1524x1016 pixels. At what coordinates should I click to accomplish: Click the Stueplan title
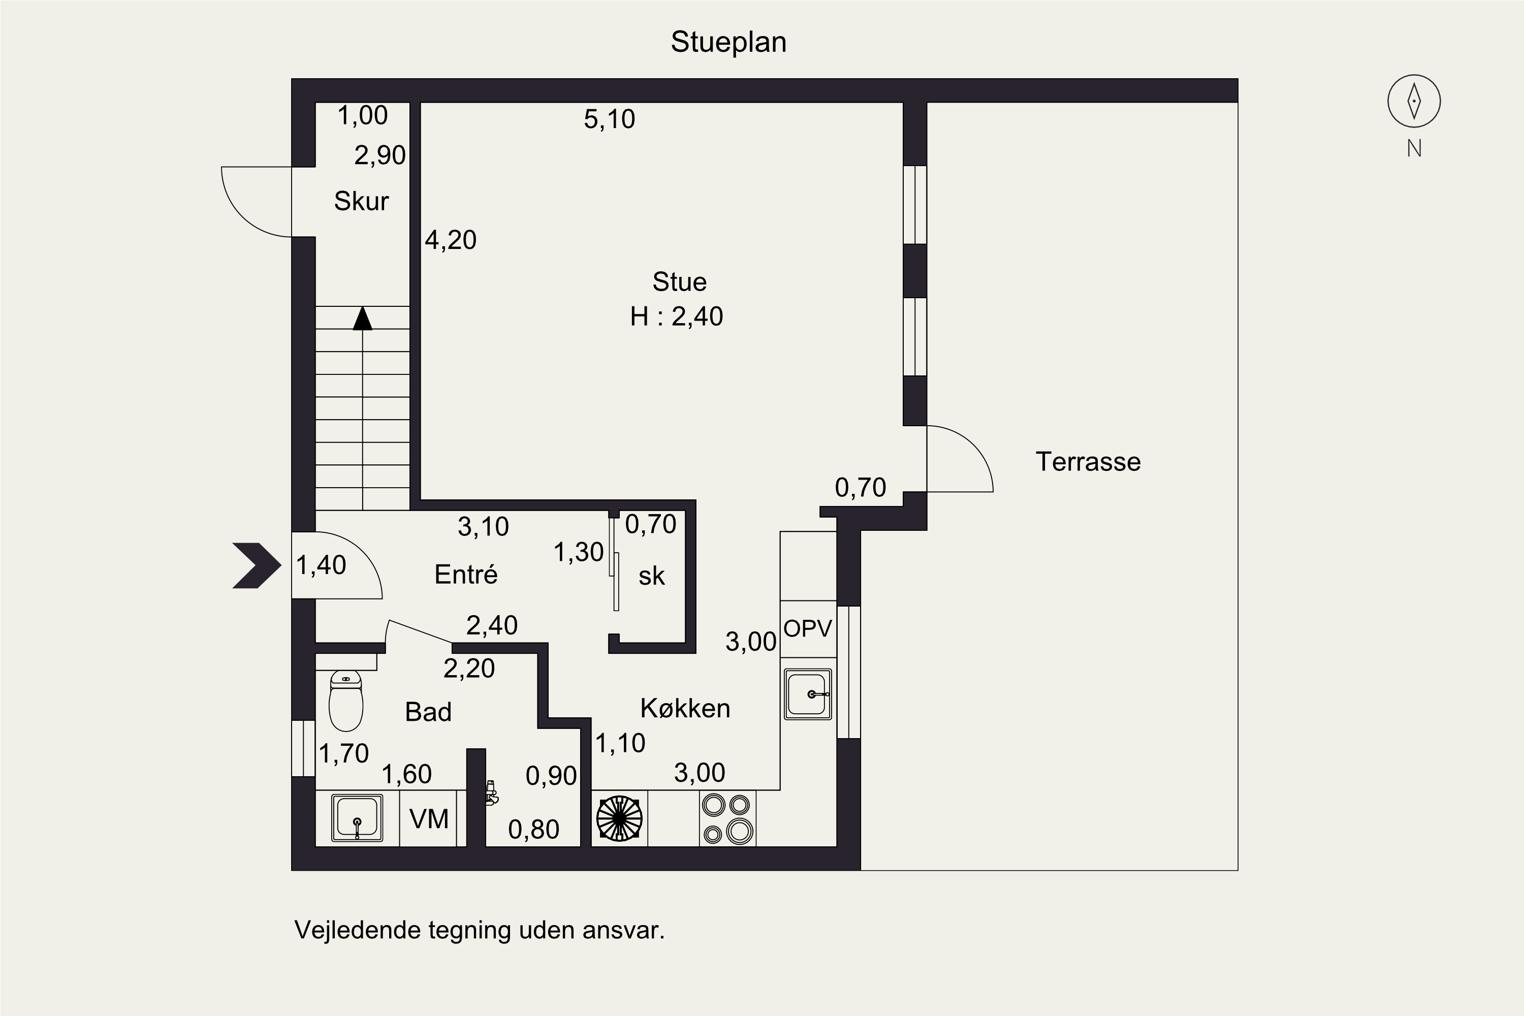[x=728, y=43]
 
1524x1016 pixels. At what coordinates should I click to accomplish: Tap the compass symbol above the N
[x=1414, y=101]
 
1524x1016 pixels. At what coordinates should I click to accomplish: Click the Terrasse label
[x=1088, y=462]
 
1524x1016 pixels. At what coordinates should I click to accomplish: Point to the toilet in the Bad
[x=346, y=701]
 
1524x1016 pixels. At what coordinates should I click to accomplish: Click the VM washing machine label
[x=429, y=819]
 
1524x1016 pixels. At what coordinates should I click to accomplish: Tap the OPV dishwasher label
[x=807, y=628]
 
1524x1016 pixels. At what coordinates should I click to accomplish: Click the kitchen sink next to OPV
[x=807, y=694]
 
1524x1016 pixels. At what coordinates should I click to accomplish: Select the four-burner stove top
[x=727, y=818]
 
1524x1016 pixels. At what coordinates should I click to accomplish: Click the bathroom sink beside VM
[x=357, y=818]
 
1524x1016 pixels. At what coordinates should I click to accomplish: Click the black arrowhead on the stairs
[x=362, y=318]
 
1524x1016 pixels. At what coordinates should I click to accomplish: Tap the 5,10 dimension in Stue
[x=609, y=119]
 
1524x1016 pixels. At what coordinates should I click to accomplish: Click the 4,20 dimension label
[x=450, y=240]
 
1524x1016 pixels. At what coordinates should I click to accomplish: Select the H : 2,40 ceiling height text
[x=677, y=316]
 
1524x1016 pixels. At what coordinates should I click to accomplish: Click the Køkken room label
[x=685, y=708]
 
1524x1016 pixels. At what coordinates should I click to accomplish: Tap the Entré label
[x=466, y=574]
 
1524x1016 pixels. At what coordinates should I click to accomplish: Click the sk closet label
[x=651, y=576]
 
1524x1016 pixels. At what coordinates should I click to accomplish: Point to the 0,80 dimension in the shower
[x=533, y=830]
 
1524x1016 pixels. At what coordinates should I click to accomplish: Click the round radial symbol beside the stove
[x=619, y=818]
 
